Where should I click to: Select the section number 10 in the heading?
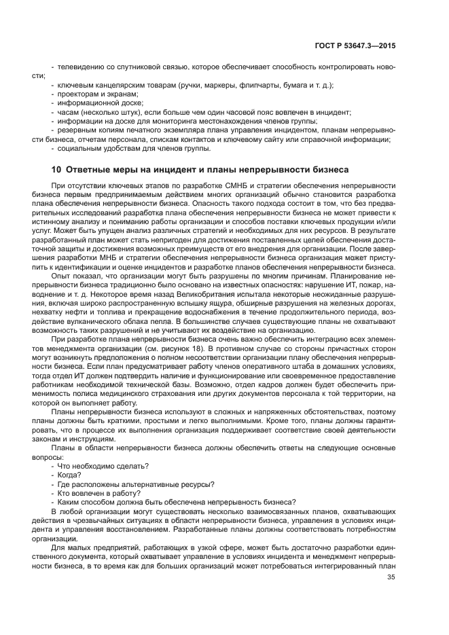56,169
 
